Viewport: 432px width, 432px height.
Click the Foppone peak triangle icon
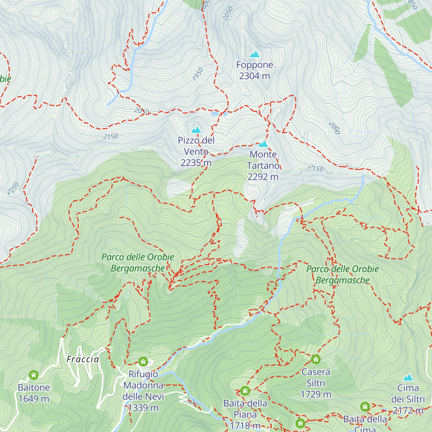pyautogui.click(x=255, y=54)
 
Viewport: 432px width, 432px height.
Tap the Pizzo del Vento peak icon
pyautogui.click(x=196, y=130)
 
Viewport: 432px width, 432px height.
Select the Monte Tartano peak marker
pyautogui.click(x=263, y=144)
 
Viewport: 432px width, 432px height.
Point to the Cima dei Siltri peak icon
pyautogui.click(x=408, y=377)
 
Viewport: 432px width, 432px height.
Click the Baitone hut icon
pyautogui.click(x=34, y=375)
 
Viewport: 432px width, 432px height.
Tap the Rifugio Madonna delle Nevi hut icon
pyautogui.click(x=143, y=361)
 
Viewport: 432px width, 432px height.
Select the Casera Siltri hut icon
pyautogui.click(x=316, y=359)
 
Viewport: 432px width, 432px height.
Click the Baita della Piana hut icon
pyautogui.click(x=245, y=391)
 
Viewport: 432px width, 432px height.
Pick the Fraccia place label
pyautogui.click(x=83, y=359)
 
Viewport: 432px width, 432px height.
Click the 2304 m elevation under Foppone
pyautogui.click(x=255, y=76)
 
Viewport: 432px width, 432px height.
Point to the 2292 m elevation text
pyautogui.click(x=263, y=177)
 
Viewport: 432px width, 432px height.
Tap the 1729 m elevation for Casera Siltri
pyautogui.click(x=316, y=394)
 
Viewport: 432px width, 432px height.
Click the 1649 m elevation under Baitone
pyautogui.click(x=34, y=399)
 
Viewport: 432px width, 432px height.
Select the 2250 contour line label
pyautogui.click(x=13, y=188)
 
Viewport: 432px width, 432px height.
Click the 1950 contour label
pyautogui.click(x=198, y=74)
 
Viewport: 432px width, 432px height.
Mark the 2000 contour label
pyautogui.click(x=334, y=128)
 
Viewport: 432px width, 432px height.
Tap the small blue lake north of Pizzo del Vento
pyautogui.click(x=215, y=113)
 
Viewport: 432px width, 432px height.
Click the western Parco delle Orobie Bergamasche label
pyautogui.click(x=138, y=262)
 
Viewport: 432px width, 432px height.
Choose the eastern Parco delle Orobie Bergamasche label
pyautogui.click(x=343, y=274)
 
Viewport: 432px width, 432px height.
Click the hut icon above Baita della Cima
pyautogui.click(x=365, y=407)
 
